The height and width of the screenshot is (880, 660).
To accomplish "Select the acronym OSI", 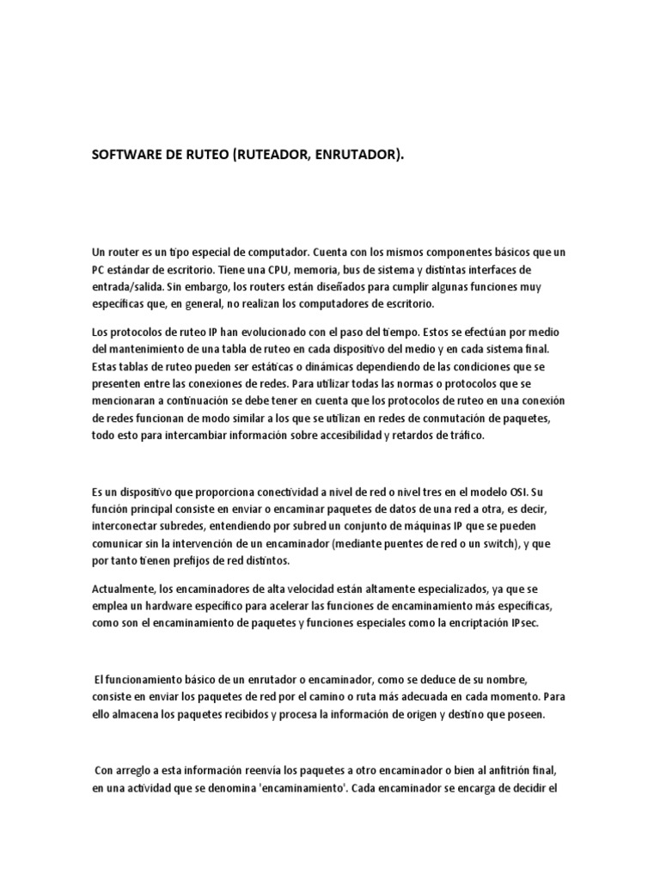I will pyautogui.click(x=509, y=493).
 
